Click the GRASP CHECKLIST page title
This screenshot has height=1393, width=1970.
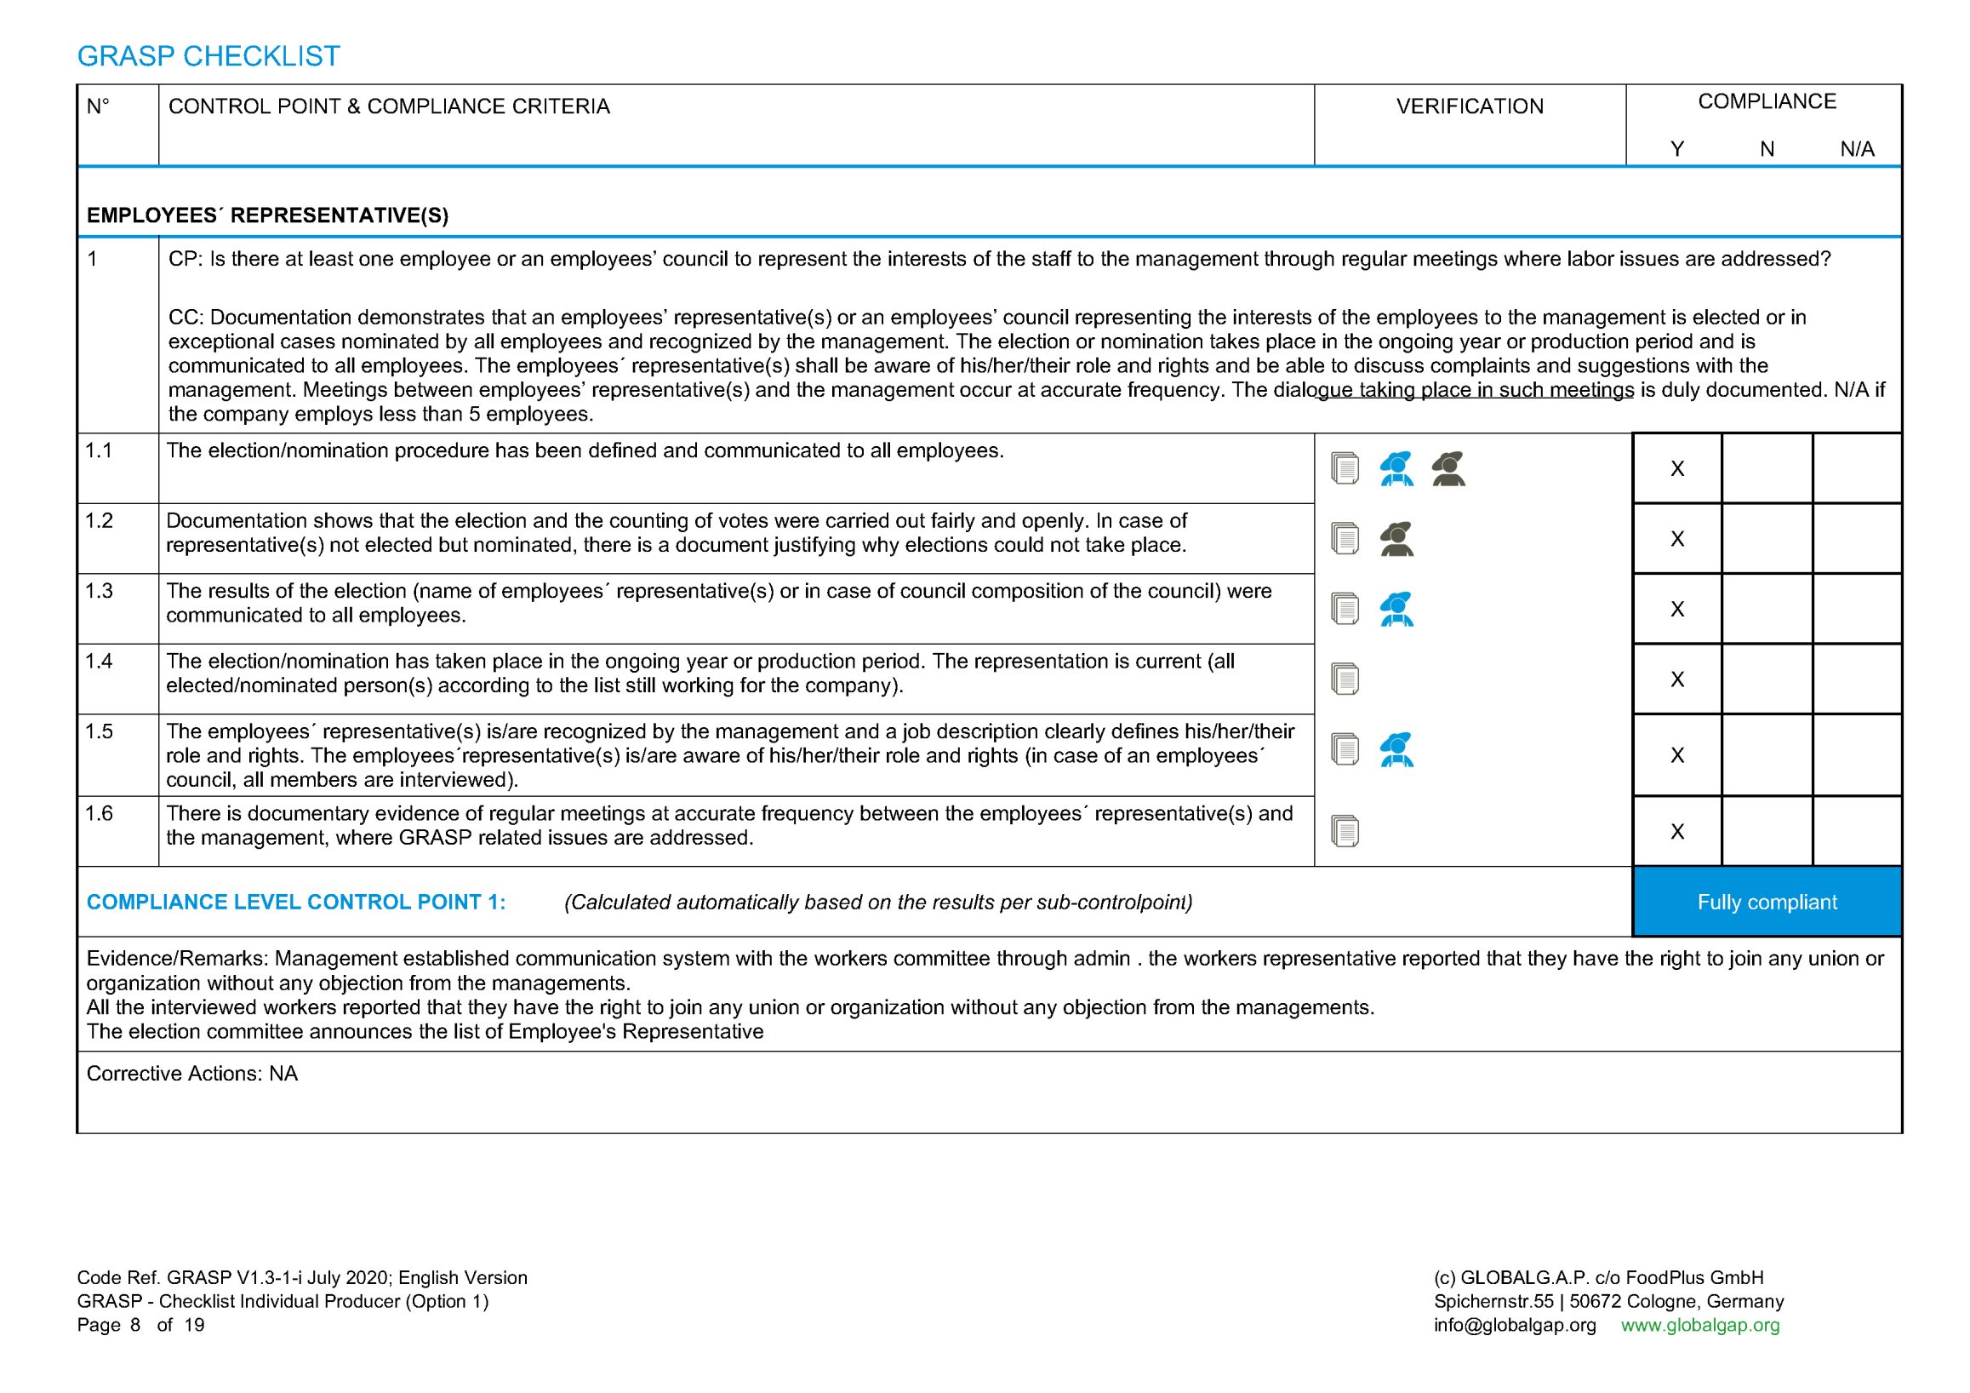(x=208, y=57)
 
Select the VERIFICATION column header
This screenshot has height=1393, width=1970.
(x=1469, y=106)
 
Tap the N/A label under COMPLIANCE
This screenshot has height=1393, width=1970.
(x=1857, y=149)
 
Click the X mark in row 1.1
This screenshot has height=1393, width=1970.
(x=1676, y=468)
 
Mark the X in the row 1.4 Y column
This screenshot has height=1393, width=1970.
(x=1676, y=679)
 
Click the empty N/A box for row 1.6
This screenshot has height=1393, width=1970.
(x=1857, y=831)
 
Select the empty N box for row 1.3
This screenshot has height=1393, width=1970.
(x=1767, y=609)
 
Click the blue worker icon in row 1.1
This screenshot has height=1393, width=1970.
(x=1396, y=468)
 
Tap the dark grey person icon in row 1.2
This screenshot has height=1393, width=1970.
(x=1396, y=539)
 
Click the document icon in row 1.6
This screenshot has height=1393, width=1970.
(x=1345, y=831)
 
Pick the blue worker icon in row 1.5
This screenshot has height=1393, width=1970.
(x=1396, y=749)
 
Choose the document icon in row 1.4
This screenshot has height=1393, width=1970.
(x=1345, y=679)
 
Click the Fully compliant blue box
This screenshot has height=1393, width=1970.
(x=1767, y=902)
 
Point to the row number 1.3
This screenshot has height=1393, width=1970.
(x=99, y=592)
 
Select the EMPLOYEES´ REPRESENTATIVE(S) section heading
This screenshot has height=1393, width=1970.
(x=268, y=215)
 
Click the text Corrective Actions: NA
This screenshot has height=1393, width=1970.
(x=192, y=1074)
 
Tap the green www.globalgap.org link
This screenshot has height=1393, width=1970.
(x=1699, y=1324)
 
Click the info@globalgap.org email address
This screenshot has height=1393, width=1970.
(x=1515, y=1324)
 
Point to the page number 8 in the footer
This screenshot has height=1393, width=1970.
(x=134, y=1324)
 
